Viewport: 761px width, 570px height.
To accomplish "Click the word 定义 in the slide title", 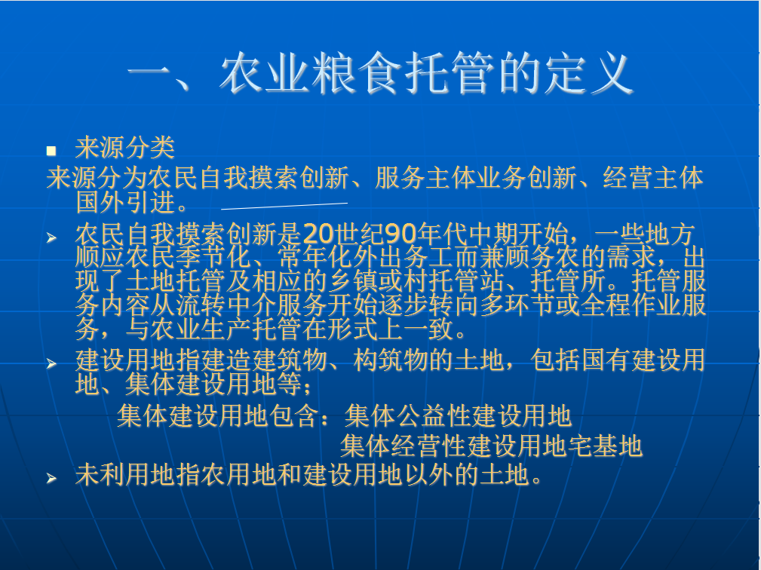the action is [x=589, y=74].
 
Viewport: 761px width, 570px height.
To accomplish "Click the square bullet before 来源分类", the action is [x=51, y=151].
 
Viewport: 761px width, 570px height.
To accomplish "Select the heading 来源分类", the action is [x=124, y=148].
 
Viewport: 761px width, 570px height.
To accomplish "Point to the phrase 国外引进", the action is [x=126, y=202].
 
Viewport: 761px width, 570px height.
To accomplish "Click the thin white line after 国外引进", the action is [x=284, y=206].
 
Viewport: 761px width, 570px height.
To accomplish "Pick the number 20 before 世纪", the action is [x=318, y=234].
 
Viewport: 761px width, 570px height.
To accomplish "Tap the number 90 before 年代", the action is [x=401, y=234].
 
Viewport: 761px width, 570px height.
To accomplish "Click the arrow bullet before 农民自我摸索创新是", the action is [x=51, y=237].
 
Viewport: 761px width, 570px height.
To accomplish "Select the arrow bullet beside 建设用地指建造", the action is [x=51, y=363].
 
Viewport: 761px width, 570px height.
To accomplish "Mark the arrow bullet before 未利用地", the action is [x=51, y=478].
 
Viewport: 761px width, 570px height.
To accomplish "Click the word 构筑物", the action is [x=391, y=360].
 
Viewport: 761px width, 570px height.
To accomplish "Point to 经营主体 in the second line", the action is [x=653, y=177].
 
